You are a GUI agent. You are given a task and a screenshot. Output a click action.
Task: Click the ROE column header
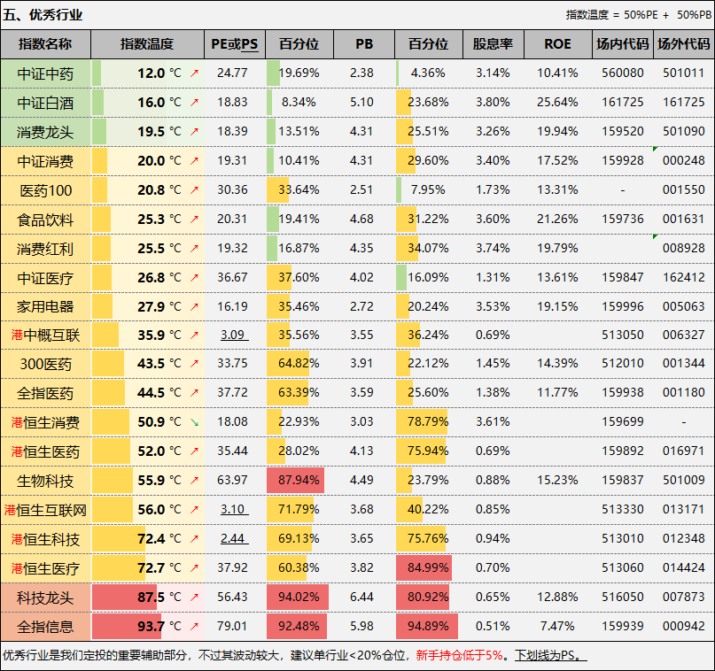click(x=557, y=44)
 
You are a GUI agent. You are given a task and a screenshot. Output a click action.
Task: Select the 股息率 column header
click(x=493, y=44)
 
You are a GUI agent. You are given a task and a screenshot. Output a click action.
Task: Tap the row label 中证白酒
click(x=45, y=103)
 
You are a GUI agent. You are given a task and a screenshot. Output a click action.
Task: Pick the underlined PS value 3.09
click(x=233, y=335)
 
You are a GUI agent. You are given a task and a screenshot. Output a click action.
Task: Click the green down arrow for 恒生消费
click(x=194, y=422)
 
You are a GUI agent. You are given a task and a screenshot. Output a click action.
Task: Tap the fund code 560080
click(x=623, y=73)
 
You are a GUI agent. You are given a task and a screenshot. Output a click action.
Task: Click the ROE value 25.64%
click(x=557, y=103)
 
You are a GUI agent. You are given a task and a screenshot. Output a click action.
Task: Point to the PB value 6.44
click(x=361, y=598)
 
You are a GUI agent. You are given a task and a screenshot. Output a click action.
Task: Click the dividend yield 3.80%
click(x=493, y=103)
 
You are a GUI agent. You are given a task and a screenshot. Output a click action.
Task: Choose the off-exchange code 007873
click(x=684, y=598)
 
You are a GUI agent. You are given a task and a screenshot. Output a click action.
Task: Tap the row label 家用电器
click(x=45, y=306)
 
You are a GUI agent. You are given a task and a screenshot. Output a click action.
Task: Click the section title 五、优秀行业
click(x=43, y=14)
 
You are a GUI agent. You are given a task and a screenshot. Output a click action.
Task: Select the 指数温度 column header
click(x=147, y=44)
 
